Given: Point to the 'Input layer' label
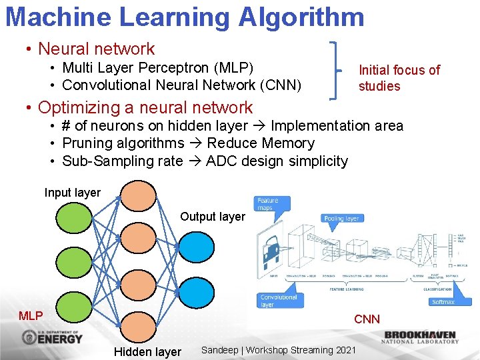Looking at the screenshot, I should click(x=72, y=193).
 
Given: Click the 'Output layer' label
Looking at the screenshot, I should click(x=213, y=217).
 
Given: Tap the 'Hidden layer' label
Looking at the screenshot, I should click(x=147, y=352).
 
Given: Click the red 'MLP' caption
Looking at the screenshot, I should click(x=31, y=316).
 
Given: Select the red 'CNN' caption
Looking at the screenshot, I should click(x=367, y=319).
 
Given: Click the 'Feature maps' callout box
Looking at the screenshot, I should click(x=268, y=204).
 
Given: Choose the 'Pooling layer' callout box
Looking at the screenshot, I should click(x=342, y=218).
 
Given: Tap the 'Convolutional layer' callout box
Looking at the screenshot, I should click(x=279, y=301).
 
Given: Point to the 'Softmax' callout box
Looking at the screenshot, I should click(x=443, y=301).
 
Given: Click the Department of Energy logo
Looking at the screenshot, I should click(x=52, y=337).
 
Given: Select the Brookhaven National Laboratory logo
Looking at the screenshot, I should click(x=420, y=337).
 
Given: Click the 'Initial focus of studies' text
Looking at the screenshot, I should click(x=399, y=78).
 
